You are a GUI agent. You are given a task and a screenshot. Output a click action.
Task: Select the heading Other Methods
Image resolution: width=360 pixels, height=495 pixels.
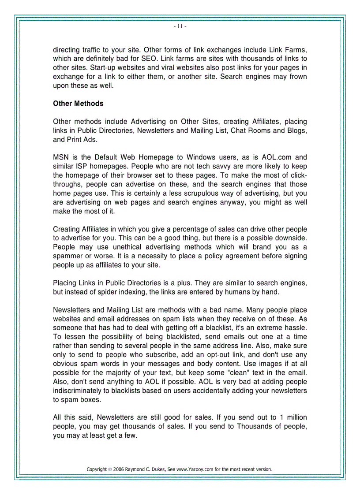click(78, 104)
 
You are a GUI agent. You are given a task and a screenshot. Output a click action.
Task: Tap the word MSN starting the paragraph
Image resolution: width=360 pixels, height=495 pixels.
click(60, 157)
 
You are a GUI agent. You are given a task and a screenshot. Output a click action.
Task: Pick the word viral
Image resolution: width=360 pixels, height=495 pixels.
click(169, 67)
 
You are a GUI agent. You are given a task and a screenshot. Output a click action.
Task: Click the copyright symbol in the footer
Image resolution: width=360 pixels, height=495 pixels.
click(109, 469)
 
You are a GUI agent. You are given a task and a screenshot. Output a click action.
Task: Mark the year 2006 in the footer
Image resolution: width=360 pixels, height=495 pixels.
click(118, 469)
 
